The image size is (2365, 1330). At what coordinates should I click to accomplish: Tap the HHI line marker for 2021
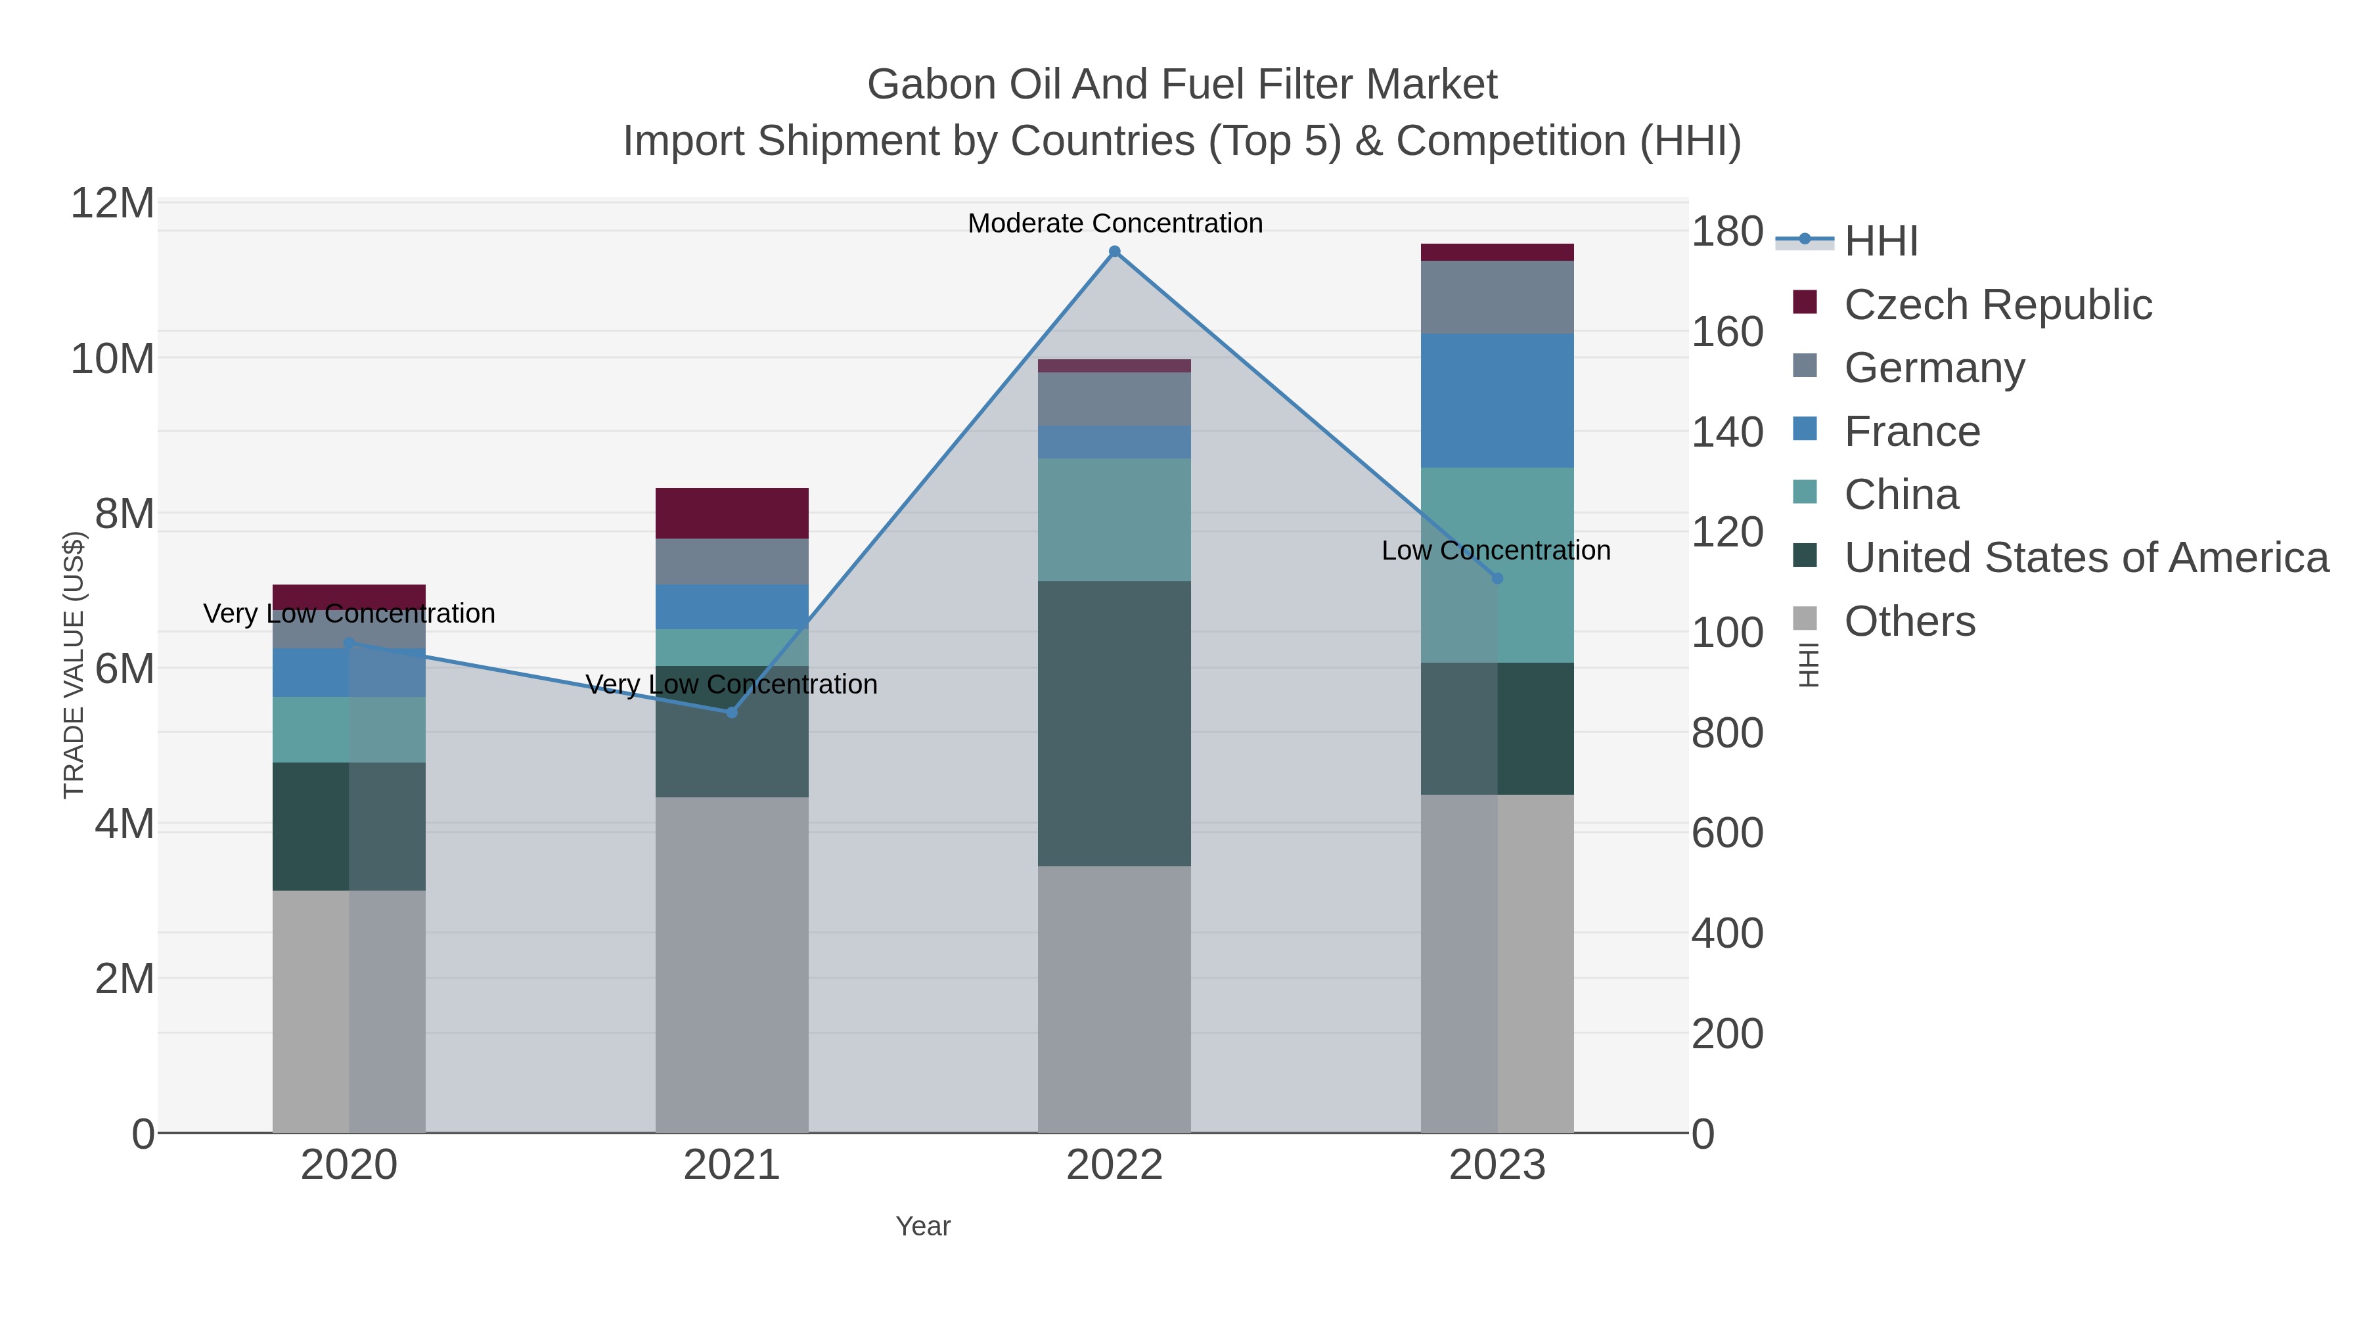coord(732,712)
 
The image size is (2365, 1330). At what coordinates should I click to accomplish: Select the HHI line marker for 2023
coord(1497,578)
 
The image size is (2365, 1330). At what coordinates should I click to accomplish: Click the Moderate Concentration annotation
coord(1115,223)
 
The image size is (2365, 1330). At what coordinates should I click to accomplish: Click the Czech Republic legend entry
coord(1997,305)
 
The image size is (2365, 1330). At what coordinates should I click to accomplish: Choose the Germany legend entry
coord(1933,368)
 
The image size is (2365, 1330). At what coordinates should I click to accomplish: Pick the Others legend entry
coord(1908,621)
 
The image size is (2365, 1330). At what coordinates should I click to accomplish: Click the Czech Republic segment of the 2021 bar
coord(732,513)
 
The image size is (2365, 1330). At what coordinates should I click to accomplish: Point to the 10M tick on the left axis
coord(112,359)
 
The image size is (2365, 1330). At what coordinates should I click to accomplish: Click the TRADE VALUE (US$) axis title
coord(74,665)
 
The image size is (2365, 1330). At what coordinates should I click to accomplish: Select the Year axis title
coord(923,1226)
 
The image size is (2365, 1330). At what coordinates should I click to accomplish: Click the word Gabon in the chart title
coord(931,85)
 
